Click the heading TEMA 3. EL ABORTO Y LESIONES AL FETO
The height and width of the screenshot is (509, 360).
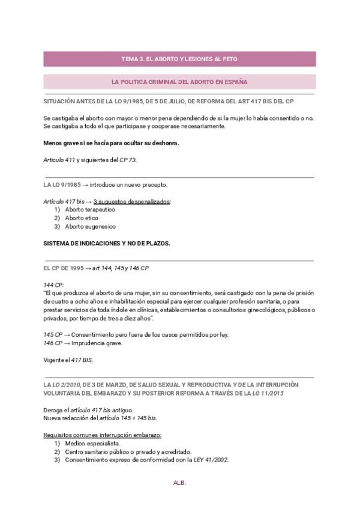[x=179, y=59]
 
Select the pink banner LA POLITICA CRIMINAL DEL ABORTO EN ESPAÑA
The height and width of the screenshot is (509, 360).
[x=179, y=81]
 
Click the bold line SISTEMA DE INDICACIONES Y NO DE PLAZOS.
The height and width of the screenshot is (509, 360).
[x=107, y=243]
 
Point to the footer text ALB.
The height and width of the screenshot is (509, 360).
[x=180, y=482]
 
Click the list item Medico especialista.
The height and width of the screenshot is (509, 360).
[x=88, y=443]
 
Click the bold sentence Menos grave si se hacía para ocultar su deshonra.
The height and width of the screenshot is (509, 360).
[x=111, y=143]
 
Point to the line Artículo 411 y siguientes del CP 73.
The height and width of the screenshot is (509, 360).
[x=86, y=160]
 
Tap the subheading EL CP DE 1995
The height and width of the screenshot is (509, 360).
[x=62, y=268]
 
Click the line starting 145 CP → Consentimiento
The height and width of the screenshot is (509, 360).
[x=136, y=334]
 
